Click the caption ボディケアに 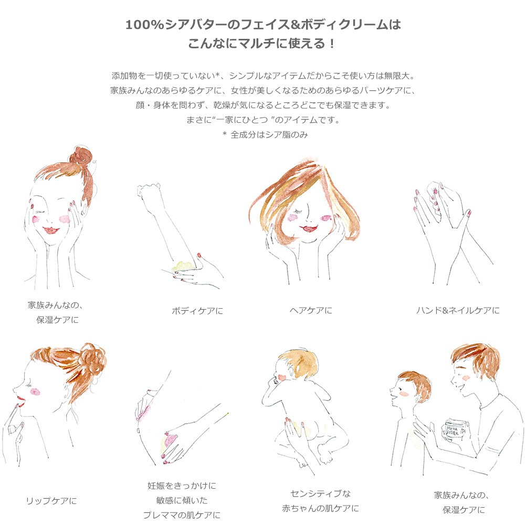[197, 311]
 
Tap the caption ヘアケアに [311, 311]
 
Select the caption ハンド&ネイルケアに [458, 311]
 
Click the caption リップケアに [51, 501]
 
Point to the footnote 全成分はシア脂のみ [269, 134]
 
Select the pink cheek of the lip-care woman [35, 392]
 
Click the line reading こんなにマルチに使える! [261, 44]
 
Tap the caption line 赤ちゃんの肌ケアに [320, 508]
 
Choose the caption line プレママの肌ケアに [182, 515]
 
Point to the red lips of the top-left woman [50, 230]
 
